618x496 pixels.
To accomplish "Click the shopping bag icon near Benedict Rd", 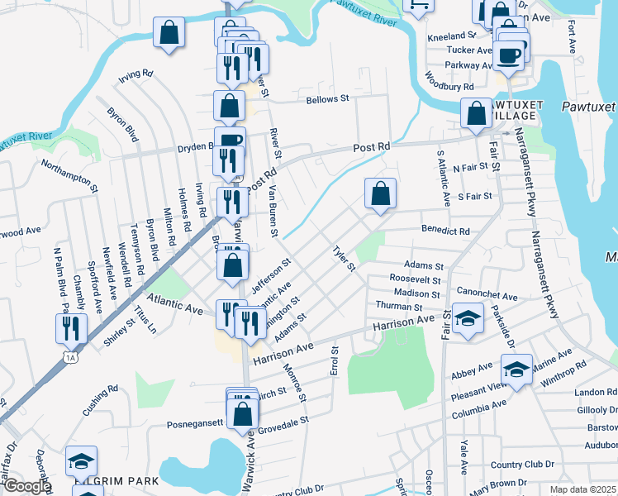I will click(380, 194).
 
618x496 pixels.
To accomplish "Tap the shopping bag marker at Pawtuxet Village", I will click(476, 114).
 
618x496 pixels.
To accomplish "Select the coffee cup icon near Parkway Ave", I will click(510, 55).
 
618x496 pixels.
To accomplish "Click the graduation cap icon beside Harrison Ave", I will click(467, 319).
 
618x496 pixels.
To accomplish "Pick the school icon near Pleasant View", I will click(516, 370).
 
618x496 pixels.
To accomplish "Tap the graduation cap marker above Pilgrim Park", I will click(82, 460).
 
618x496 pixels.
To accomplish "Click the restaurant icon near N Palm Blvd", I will click(72, 327).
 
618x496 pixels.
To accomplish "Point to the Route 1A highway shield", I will click(71, 356).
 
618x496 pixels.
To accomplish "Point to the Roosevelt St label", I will click(416, 279).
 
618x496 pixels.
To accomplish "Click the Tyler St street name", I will click(343, 259).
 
